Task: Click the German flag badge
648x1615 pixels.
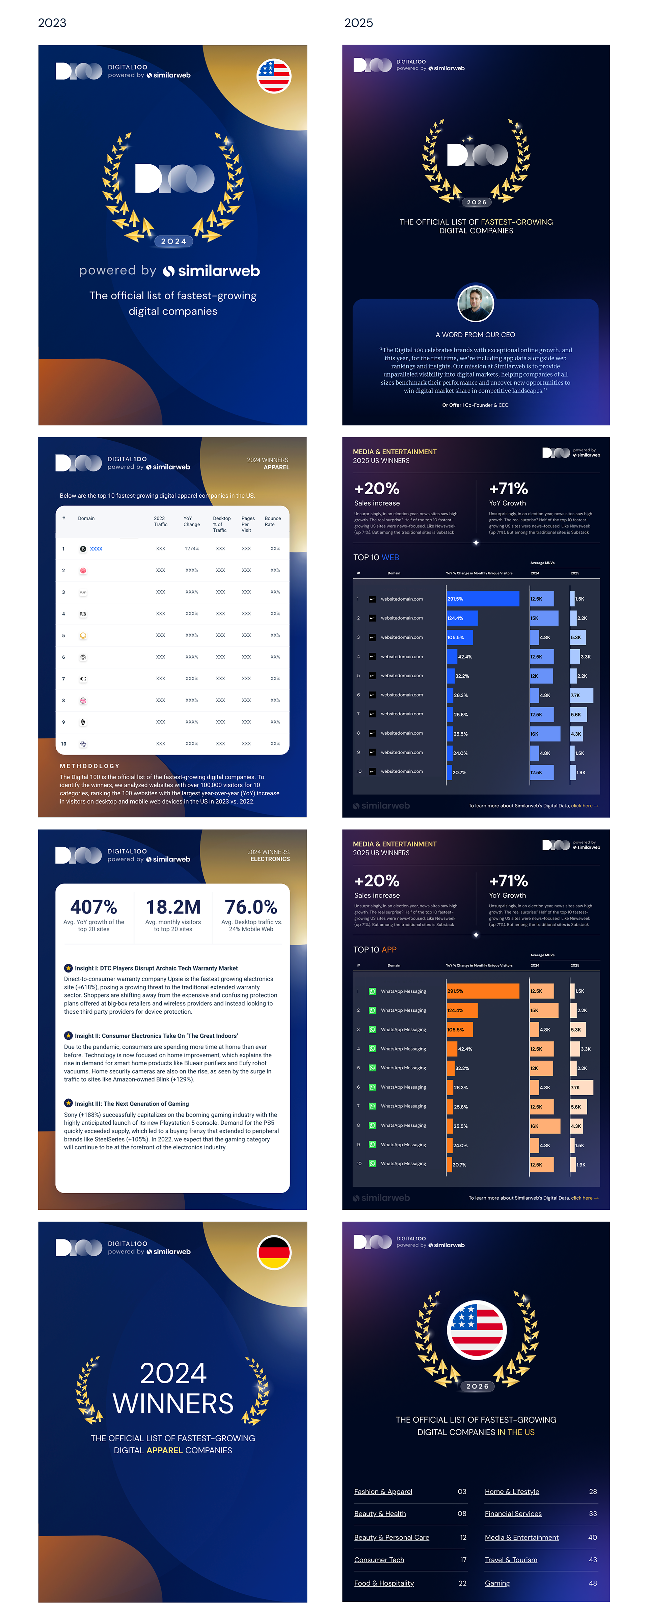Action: tap(273, 1252)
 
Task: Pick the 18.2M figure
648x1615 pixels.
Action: tap(173, 907)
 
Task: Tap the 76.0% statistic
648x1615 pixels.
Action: tap(251, 907)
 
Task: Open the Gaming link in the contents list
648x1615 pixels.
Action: tap(497, 1583)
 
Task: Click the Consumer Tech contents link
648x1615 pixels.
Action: tap(379, 1560)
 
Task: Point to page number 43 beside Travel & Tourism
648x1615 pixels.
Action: tap(592, 1560)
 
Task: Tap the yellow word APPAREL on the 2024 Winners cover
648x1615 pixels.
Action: tap(164, 1450)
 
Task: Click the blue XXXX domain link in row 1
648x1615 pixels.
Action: tap(96, 549)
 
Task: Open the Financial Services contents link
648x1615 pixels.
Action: tap(513, 1513)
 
